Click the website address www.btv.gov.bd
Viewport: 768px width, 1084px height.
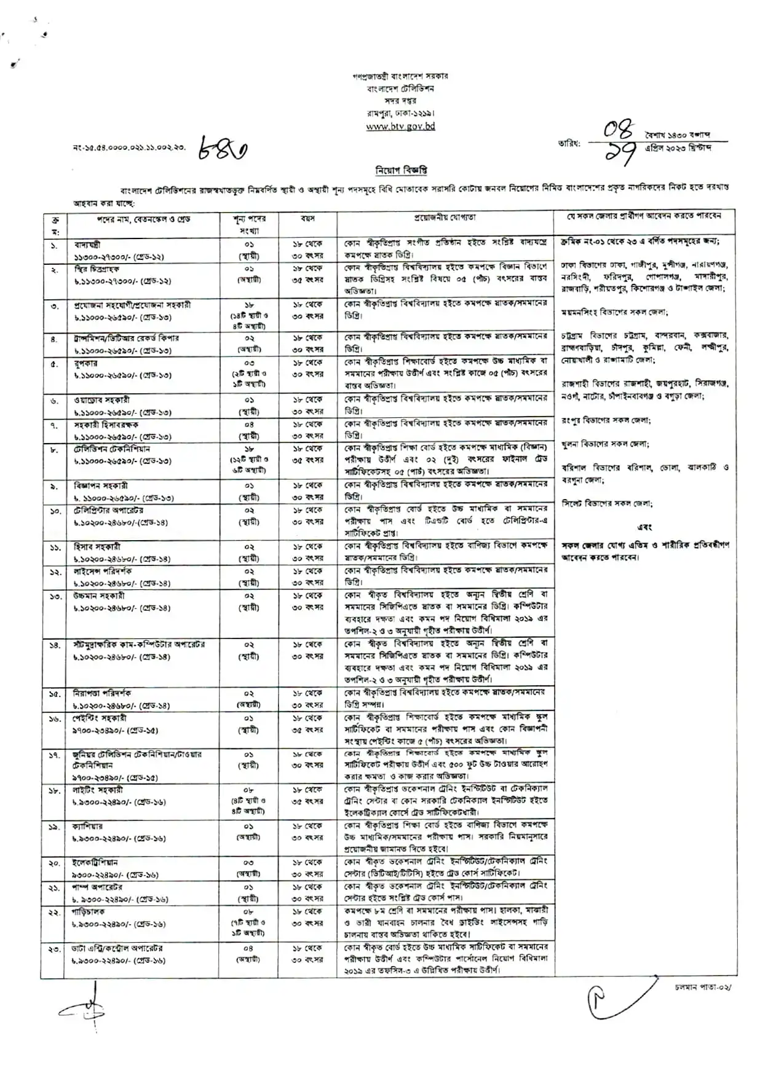tap(400, 127)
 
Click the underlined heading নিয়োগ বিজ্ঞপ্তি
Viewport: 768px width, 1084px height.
tap(401, 170)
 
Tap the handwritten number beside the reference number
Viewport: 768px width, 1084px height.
tap(223, 148)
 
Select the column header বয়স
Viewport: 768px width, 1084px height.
tap(307, 218)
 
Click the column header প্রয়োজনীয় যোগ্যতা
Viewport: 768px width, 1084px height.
tap(445, 218)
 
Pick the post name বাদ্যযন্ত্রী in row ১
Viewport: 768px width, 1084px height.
tap(87, 245)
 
